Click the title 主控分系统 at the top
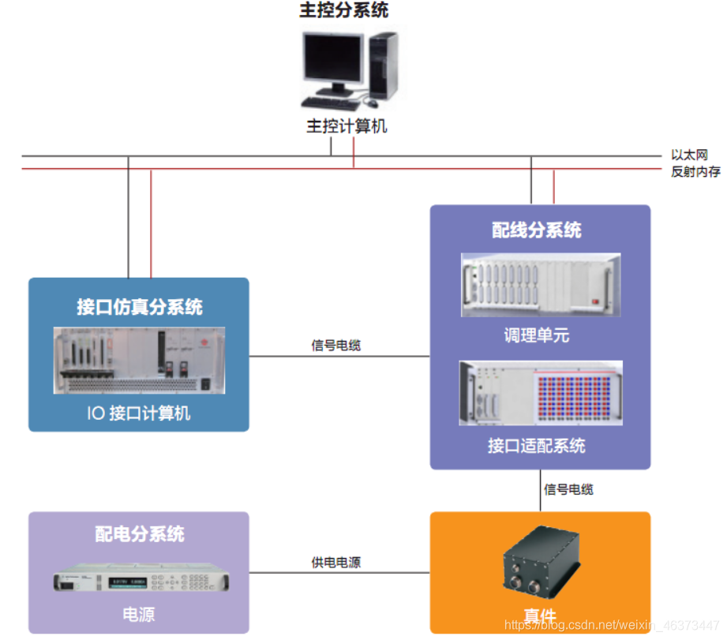point(344,11)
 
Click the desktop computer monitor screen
point(330,60)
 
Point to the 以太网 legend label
point(687,155)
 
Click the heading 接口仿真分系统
point(139,307)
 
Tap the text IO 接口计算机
point(138,413)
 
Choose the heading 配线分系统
point(537,230)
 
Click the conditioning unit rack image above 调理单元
point(541,285)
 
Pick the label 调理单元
point(537,335)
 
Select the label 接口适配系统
point(537,446)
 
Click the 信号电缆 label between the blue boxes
point(336,346)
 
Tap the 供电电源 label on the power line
point(336,563)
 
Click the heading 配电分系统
point(139,533)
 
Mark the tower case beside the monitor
point(384,65)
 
